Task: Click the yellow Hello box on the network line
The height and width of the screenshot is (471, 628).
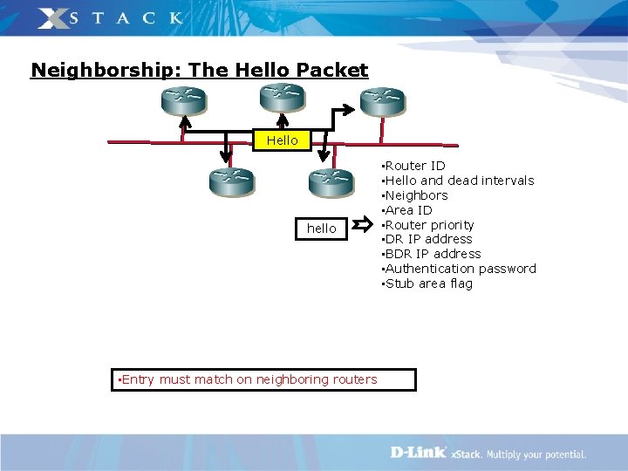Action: [282, 140]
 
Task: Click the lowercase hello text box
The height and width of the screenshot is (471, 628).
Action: [321, 229]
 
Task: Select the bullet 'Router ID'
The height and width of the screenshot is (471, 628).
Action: [415, 166]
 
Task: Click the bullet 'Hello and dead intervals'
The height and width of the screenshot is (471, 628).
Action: [459, 181]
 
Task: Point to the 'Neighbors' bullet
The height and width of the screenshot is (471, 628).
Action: [416, 195]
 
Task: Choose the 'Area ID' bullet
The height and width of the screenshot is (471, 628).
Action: [408, 210]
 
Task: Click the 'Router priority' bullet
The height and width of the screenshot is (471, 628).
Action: [429, 225]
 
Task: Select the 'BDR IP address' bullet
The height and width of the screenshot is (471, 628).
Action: [433, 254]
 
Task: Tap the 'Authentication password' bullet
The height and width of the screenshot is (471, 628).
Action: [461, 269]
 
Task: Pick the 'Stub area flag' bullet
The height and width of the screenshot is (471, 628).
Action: [428, 283]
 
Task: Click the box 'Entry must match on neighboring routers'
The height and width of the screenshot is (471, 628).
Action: [263, 379]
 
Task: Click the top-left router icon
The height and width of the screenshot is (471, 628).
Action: [183, 100]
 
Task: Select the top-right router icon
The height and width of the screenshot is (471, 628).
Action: [382, 100]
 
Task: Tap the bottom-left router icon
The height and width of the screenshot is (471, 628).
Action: [231, 181]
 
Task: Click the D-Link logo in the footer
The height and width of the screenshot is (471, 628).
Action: [418, 453]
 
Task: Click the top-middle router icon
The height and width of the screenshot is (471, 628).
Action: [281, 97]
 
